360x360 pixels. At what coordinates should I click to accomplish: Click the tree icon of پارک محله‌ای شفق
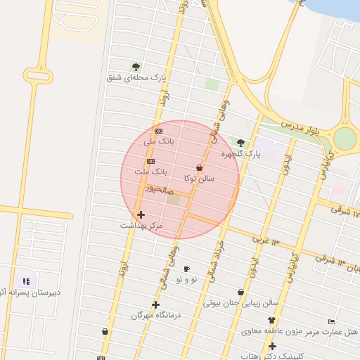(x=136, y=67)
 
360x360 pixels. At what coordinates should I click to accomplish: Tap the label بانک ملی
(x=158, y=141)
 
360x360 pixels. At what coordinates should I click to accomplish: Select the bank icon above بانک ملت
(x=150, y=162)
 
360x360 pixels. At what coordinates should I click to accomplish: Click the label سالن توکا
(x=199, y=179)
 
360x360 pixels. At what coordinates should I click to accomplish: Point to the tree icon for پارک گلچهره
(x=240, y=143)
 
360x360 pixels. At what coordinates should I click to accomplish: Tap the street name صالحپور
(x=157, y=189)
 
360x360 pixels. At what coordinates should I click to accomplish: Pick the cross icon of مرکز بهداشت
(x=141, y=214)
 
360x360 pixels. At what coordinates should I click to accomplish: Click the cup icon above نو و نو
(x=186, y=269)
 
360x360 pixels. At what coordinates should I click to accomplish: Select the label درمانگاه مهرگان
(x=156, y=316)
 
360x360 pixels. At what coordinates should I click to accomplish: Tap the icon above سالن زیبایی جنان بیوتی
(x=241, y=292)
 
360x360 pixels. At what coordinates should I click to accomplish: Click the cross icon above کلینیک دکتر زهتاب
(x=272, y=346)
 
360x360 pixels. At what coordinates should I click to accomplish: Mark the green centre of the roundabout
(x=345, y=139)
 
